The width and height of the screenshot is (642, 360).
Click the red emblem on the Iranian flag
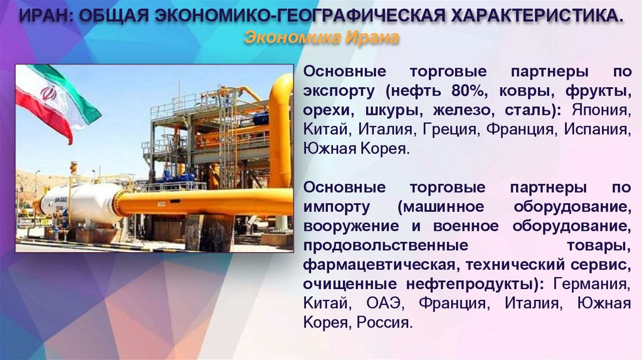48,93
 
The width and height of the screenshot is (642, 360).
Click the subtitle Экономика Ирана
320,38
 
